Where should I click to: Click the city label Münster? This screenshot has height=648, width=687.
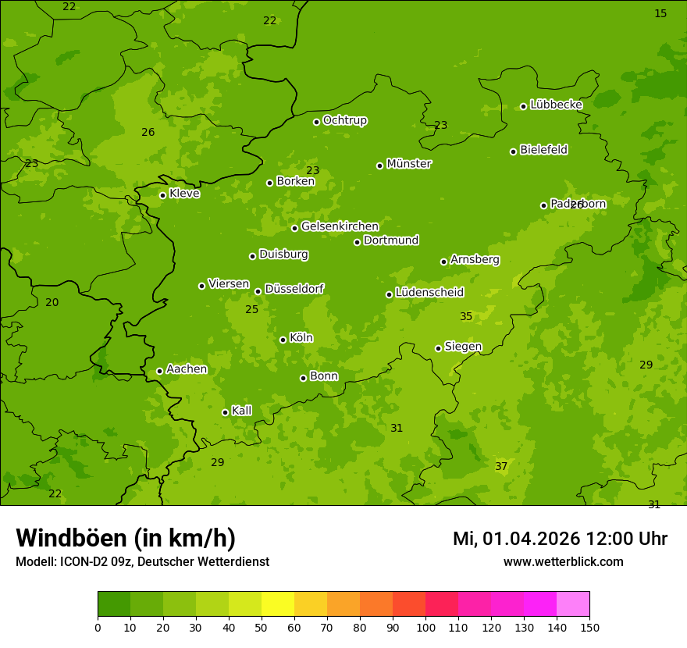(x=408, y=164)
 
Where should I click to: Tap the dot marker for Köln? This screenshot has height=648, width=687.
(x=283, y=340)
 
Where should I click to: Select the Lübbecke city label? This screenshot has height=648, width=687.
(x=556, y=105)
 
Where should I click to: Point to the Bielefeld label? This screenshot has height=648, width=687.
(x=543, y=150)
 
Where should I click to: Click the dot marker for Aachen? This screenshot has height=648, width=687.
(x=159, y=371)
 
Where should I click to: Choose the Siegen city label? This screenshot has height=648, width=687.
(x=463, y=347)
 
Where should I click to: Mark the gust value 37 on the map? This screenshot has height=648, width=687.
(x=501, y=466)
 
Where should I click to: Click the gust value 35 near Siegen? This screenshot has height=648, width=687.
(x=466, y=316)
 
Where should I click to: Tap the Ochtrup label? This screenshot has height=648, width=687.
(x=344, y=120)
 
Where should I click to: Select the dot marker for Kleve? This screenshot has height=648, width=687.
(x=162, y=195)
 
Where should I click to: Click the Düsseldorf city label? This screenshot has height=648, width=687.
(x=294, y=289)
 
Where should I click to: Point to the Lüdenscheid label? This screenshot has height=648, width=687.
(x=429, y=293)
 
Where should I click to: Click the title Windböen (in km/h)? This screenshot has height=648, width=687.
(x=126, y=538)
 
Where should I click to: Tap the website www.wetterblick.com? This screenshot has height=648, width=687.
(x=563, y=561)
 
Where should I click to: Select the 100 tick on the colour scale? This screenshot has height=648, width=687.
(x=425, y=627)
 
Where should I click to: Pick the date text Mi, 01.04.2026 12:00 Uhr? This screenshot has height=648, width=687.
(x=560, y=539)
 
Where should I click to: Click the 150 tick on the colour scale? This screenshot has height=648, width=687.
(x=589, y=627)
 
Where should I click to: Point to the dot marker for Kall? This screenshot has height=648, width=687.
(x=225, y=412)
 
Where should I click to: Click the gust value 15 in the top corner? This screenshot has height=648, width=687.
(x=660, y=13)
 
